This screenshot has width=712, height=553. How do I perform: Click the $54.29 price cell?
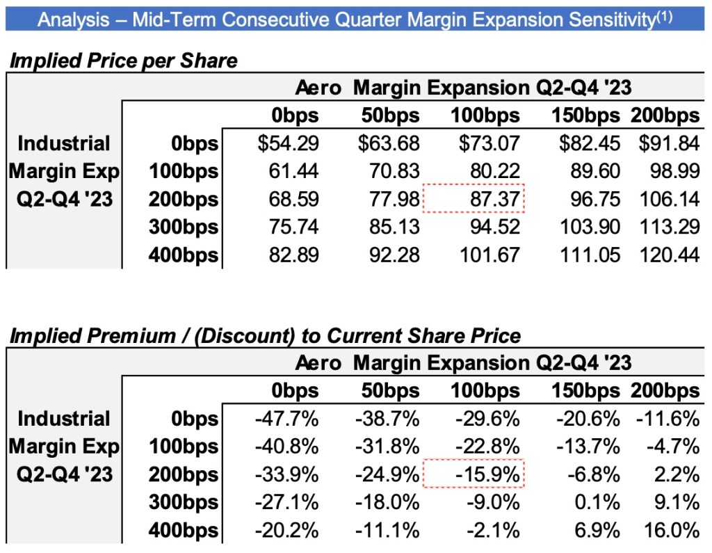tap(288, 144)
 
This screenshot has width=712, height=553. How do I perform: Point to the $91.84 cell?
tap(669, 144)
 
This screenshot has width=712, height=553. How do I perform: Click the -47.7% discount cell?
tap(287, 419)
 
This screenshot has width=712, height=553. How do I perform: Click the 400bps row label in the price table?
tap(183, 255)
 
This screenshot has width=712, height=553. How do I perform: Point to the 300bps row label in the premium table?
tap(183, 503)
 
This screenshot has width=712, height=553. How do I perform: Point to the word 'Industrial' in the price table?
tap(64, 144)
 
